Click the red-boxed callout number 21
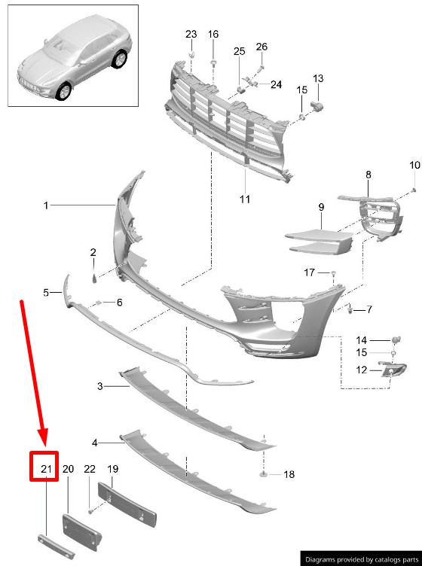(x=46, y=469)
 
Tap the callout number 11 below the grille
(x=245, y=199)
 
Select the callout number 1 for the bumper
(x=46, y=205)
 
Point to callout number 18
(x=289, y=474)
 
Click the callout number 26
(x=261, y=47)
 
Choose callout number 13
(x=318, y=78)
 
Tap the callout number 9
(x=321, y=207)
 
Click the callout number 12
(x=361, y=370)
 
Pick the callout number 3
(x=100, y=386)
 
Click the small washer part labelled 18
(x=264, y=473)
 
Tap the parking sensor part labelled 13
(x=316, y=106)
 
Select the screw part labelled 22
(x=90, y=511)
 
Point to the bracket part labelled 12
(x=393, y=370)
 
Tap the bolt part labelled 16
(x=213, y=63)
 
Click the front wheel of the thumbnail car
(x=64, y=91)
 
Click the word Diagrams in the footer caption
(x=320, y=559)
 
